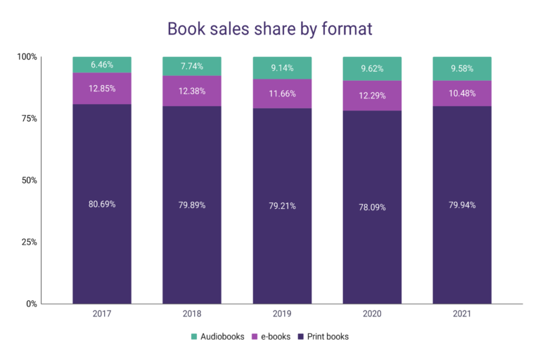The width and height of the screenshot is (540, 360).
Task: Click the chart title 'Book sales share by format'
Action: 270,29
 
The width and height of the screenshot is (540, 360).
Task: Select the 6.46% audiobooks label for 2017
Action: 102,65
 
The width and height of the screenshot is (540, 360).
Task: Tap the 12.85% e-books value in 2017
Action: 102,89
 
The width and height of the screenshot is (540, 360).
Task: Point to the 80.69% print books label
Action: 102,205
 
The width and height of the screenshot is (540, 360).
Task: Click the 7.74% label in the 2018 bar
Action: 192,65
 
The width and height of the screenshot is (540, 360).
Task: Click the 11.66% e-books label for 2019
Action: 282,93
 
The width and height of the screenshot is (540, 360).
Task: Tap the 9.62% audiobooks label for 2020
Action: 372,70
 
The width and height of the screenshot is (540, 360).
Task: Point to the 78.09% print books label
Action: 372,207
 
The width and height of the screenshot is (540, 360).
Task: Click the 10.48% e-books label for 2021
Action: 462,93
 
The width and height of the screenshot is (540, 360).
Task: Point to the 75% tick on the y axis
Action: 28,119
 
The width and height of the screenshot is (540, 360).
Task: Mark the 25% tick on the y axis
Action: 28,243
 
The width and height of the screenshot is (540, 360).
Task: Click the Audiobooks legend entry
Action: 217,337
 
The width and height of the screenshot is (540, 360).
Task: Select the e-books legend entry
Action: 271,337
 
